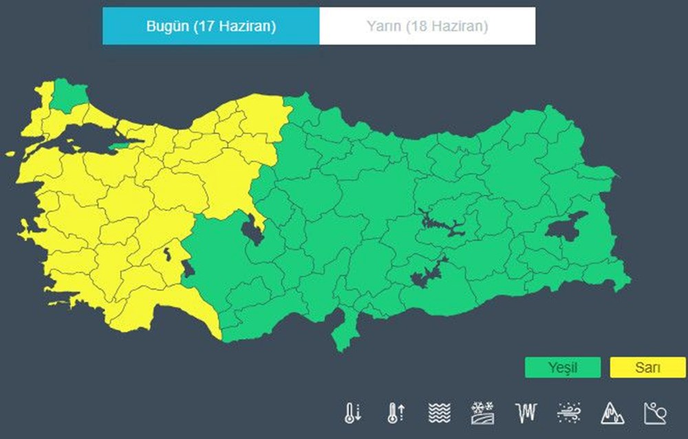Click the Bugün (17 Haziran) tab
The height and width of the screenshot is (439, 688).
pos(211,26)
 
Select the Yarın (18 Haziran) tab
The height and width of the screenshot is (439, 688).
pos(427,26)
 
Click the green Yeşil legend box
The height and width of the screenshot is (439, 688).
pos(562,367)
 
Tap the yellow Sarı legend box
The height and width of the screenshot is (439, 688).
pos(647,367)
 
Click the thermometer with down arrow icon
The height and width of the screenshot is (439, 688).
pos(352,413)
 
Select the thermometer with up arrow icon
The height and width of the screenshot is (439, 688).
pos(396,413)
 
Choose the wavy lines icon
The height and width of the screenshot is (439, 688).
pos(439,413)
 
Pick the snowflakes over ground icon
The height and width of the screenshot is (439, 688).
pos(482,413)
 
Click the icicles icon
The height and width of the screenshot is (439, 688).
pos(525,413)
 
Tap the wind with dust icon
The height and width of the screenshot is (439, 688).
pos(568,413)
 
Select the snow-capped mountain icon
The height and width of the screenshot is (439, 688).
pos(612,413)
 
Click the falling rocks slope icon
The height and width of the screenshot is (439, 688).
pos(654,413)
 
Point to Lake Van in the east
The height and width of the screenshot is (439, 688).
pos(566,227)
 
